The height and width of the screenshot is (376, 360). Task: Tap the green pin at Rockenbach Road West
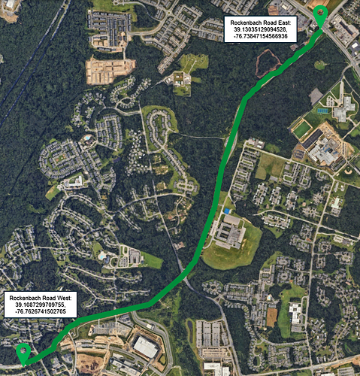(22, 350)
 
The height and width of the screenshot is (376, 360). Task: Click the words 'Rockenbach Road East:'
(265, 23)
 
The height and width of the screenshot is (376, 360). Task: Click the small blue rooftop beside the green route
(227, 211)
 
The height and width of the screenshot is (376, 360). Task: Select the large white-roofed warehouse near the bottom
(146, 346)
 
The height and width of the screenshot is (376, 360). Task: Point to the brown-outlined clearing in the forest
(268, 67)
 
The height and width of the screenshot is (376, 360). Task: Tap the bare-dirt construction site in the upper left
(110, 71)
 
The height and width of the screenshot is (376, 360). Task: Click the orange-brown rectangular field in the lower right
(271, 317)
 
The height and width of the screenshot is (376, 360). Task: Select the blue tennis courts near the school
(322, 111)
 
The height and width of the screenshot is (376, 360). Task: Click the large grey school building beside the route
(230, 232)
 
